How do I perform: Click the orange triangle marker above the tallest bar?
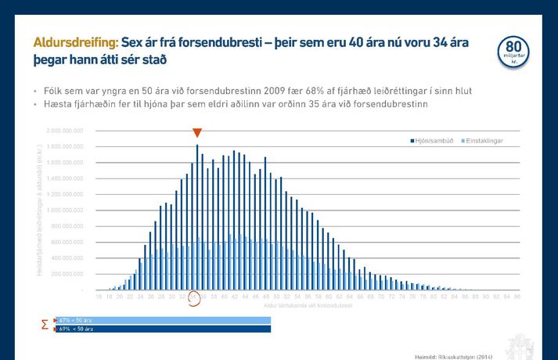pyautogui.click(x=197, y=133)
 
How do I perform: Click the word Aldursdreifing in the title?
pyautogui.click(x=75, y=42)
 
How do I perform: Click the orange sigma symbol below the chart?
pyautogui.click(x=45, y=324)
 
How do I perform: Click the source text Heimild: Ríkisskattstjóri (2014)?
pyautogui.click(x=454, y=356)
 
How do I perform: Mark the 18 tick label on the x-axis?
pyautogui.click(x=99, y=297)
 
